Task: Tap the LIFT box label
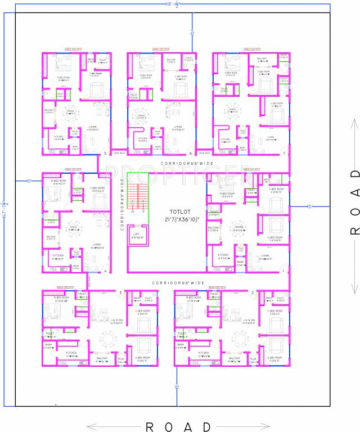click(x=137, y=234)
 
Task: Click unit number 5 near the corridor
click(x=104, y=154)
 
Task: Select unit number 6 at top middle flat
click(x=191, y=154)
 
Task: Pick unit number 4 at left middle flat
click(x=105, y=271)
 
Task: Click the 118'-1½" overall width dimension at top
click(x=172, y=5)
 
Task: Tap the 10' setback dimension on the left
click(x=29, y=181)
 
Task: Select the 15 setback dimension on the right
click(x=309, y=206)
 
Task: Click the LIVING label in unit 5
click(x=92, y=127)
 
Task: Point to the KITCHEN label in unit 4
click(x=57, y=257)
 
